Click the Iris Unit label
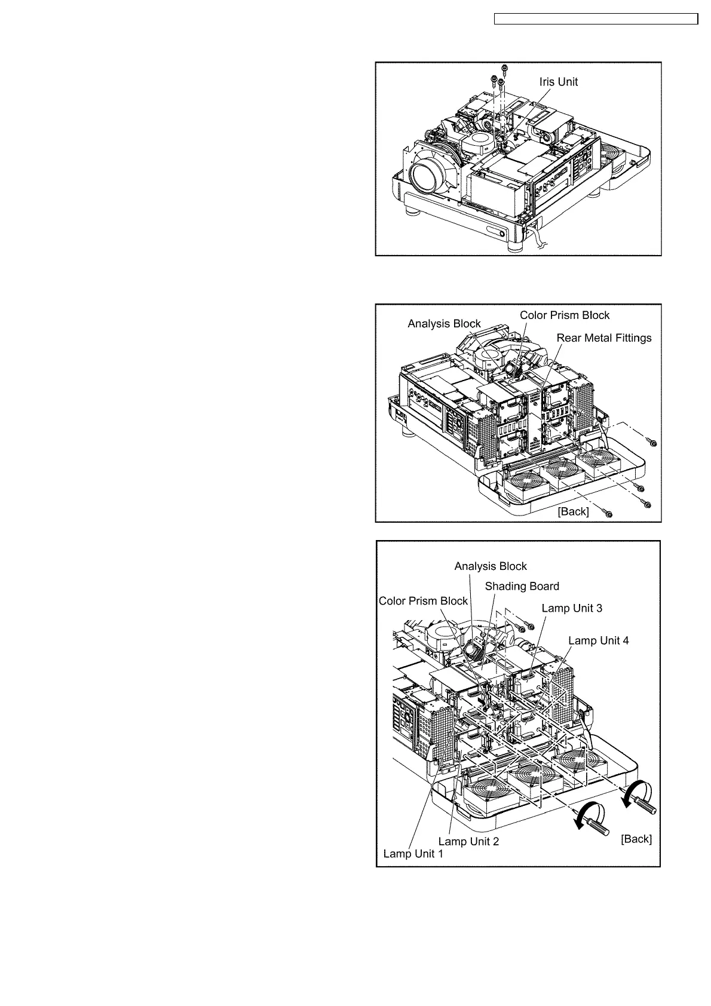click(558, 82)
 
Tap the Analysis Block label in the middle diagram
click(444, 324)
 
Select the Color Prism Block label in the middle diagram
click(565, 315)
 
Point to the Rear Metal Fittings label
click(604, 338)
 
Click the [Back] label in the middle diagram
click(573, 511)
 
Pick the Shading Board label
click(522, 587)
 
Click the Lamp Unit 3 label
click(572, 608)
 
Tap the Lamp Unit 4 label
click(598, 640)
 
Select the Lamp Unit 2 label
click(468, 841)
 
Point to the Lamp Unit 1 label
click(413, 854)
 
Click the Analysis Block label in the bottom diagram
click(491, 566)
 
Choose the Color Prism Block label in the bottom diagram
click(423, 601)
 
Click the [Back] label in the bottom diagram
click(636, 839)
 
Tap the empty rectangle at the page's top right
click(596, 19)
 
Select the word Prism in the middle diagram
click(565, 315)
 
